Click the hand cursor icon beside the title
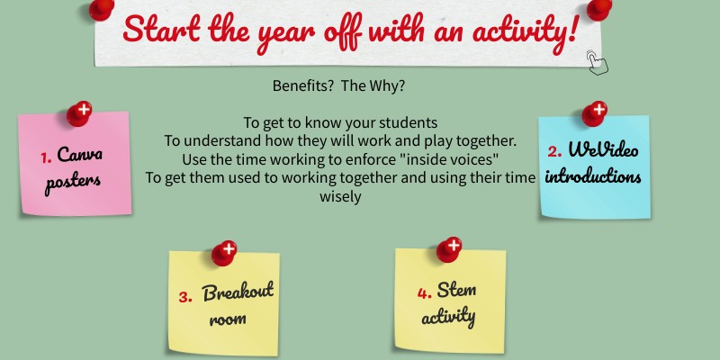[596, 60]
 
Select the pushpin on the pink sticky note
[79, 114]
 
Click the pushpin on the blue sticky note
[594, 113]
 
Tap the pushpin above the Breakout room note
[224, 252]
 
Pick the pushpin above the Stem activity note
[449, 248]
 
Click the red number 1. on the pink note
[45, 157]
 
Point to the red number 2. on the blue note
[554, 151]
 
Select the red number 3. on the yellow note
[185, 298]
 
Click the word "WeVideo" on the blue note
[604, 149]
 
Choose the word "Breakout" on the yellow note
[238, 292]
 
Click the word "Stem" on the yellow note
[456, 290]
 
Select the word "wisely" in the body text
[340, 197]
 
